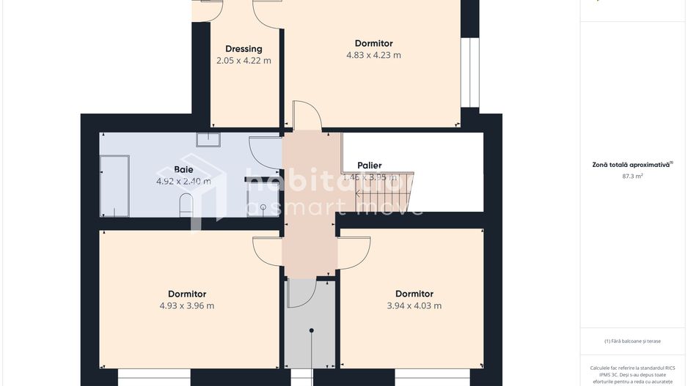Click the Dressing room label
244,49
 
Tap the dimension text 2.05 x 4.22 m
244,61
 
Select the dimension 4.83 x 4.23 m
373,55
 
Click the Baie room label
183,169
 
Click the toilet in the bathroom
186,205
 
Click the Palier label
370,166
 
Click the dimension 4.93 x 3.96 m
187,306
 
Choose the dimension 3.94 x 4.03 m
414,306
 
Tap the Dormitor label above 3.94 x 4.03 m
414,294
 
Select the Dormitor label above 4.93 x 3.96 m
187,294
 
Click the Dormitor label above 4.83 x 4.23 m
373,43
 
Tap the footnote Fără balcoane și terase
632,341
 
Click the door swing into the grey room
300,293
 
